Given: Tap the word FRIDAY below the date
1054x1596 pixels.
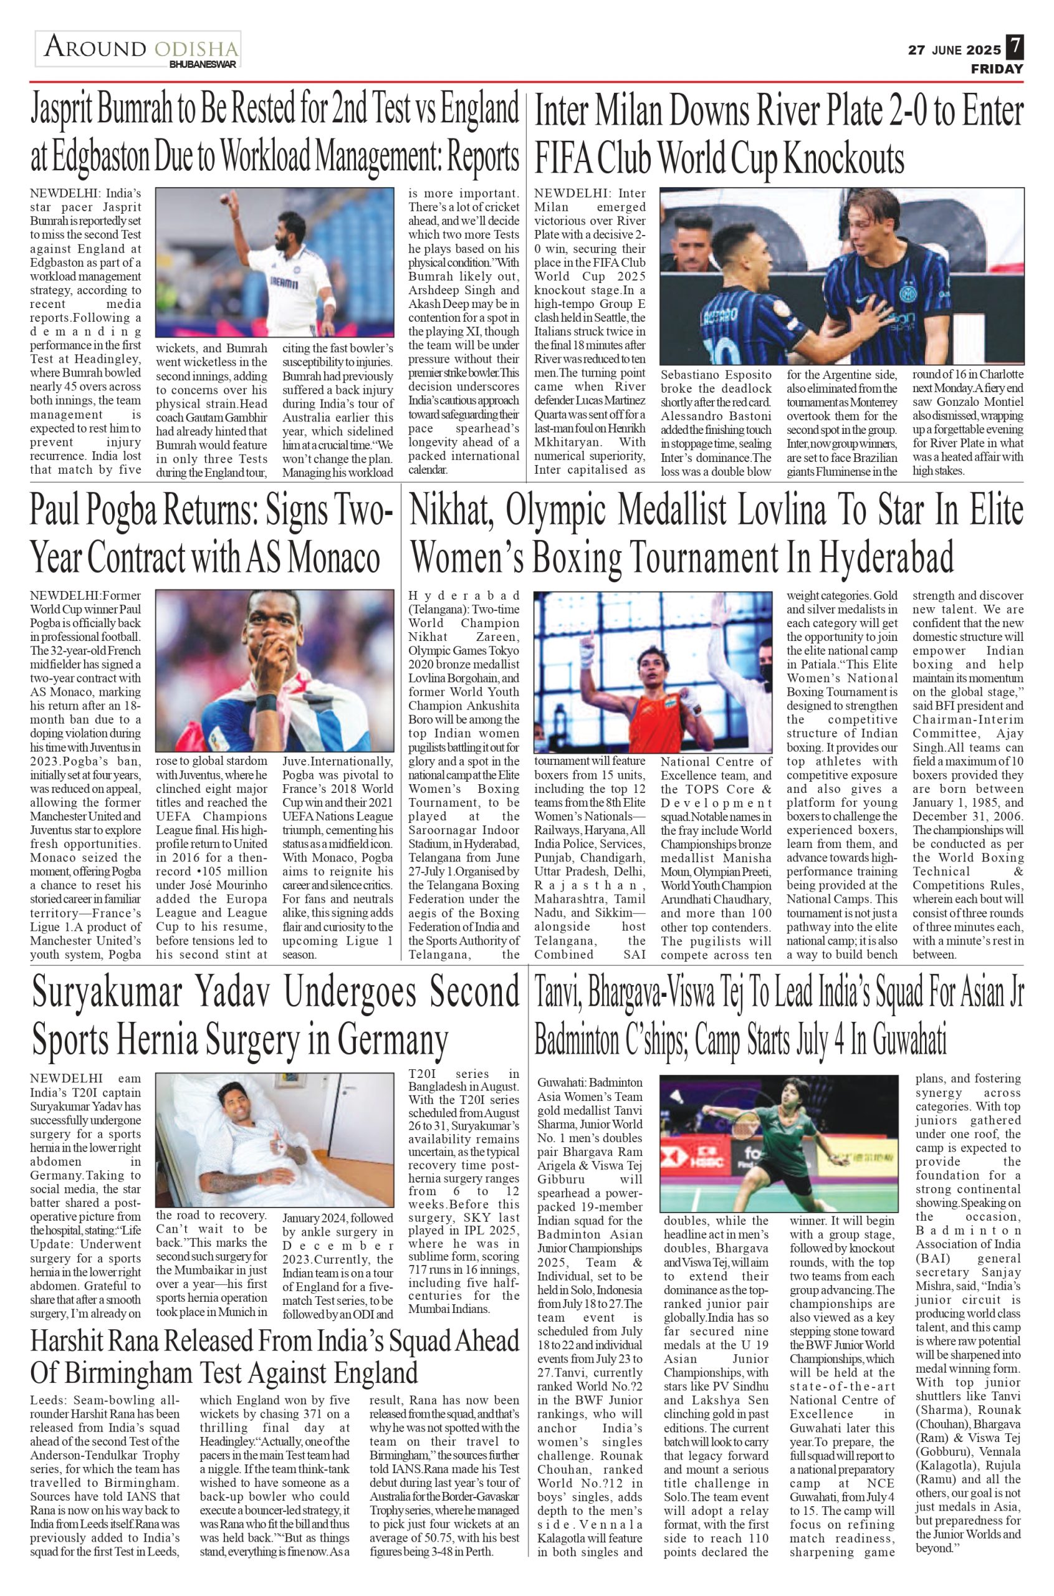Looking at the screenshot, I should pos(997,69).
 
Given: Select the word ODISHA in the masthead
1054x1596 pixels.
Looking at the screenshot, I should pos(196,49).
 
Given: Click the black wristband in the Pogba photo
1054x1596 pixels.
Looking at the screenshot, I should pos(266,704).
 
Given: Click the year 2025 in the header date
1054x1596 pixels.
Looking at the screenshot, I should pos(984,50).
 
